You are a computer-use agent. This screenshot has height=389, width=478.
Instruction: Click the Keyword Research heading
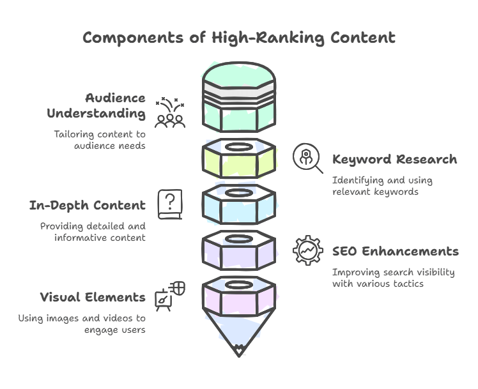pyautogui.click(x=394, y=159)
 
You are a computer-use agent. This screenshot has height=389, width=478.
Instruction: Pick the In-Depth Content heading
pyautogui.click(x=88, y=205)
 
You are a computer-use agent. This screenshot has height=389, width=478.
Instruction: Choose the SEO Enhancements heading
pyautogui.click(x=395, y=251)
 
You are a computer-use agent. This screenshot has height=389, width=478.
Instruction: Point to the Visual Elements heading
pyautogui.click(x=93, y=297)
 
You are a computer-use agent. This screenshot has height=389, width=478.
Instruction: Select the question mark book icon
pyautogui.click(x=169, y=204)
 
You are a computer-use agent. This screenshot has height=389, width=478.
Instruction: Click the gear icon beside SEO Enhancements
pyautogui.click(x=307, y=250)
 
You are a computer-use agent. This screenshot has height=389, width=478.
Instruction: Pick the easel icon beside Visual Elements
pyautogui.click(x=169, y=297)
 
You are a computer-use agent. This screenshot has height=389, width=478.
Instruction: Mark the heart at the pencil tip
pyautogui.click(x=238, y=349)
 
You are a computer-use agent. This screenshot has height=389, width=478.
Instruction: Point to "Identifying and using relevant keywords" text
pyautogui.click(x=382, y=186)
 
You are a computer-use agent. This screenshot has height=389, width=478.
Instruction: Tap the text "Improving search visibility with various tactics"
pyautogui.click(x=393, y=277)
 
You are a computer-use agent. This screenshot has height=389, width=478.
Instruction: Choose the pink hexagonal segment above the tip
pyautogui.click(x=238, y=300)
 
